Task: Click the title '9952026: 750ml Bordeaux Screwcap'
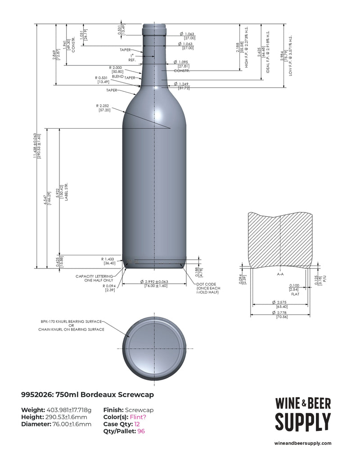pyautogui.click(x=87, y=395)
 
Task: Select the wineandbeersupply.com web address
pyautogui.click(x=302, y=443)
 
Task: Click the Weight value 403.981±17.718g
pyautogui.click(x=69, y=410)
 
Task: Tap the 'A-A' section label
pyautogui.click(x=280, y=273)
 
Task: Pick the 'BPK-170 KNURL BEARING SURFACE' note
pyautogui.click(x=71, y=322)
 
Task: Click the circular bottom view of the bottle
pyautogui.click(x=155, y=349)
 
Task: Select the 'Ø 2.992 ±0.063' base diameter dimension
pyautogui.click(x=155, y=283)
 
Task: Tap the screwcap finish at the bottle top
pyautogui.click(x=155, y=28)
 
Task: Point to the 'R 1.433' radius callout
pyautogui.click(x=108, y=261)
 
